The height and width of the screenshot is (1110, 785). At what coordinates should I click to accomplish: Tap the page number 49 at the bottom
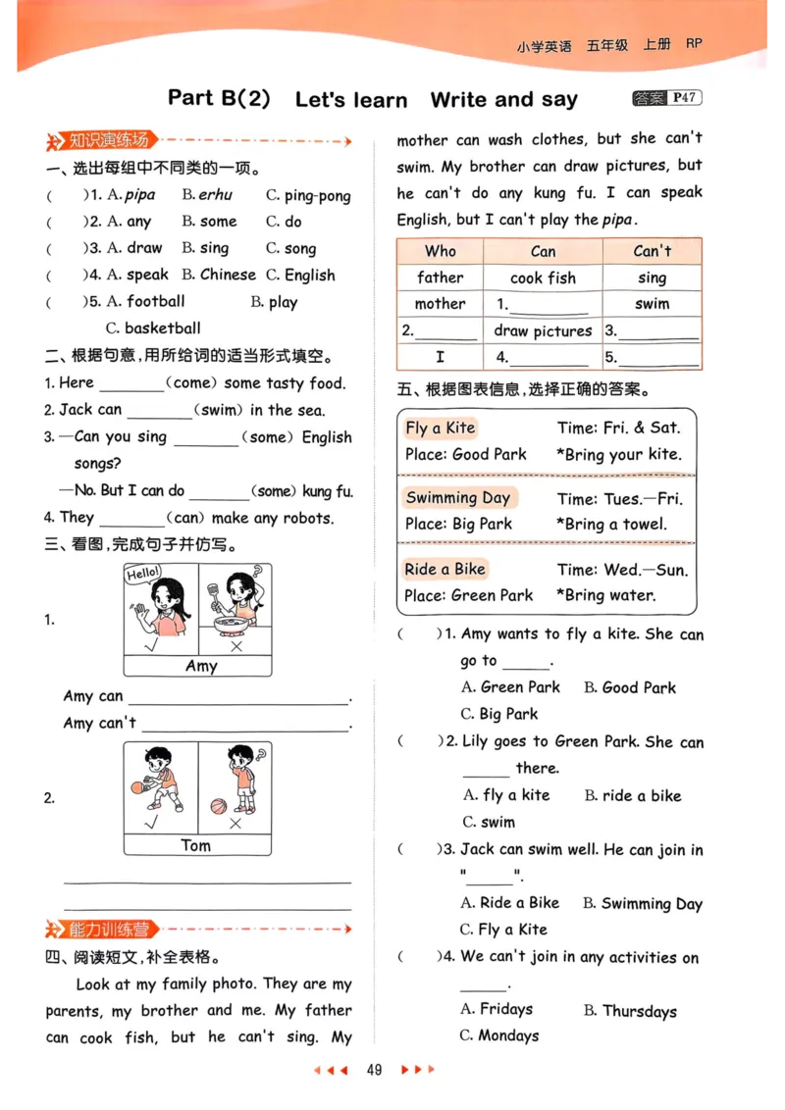coord(373,1069)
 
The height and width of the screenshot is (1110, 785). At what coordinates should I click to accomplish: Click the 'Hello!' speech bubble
coord(143,574)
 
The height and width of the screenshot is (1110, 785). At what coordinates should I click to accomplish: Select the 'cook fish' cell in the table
coord(543,277)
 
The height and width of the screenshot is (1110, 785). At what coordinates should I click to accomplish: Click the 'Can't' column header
coord(652,251)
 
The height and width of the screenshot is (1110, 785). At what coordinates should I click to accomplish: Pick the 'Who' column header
coord(440,251)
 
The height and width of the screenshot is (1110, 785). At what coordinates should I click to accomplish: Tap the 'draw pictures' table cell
coord(543,331)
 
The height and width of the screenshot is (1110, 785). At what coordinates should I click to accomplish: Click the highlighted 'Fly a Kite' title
coord(441,428)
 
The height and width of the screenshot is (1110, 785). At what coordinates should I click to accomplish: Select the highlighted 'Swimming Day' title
coord(458,497)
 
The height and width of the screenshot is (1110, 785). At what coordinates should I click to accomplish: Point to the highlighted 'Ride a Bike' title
coord(445,569)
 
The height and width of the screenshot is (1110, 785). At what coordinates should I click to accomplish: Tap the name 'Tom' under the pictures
coord(196,845)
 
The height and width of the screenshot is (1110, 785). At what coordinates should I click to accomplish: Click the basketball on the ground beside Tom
coord(218,806)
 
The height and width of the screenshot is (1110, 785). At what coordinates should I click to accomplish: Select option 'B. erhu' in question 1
coord(207,195)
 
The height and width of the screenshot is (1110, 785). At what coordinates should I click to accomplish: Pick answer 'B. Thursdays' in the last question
coord(629,1011)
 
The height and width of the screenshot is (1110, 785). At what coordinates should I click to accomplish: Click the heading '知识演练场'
coord(107,141)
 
